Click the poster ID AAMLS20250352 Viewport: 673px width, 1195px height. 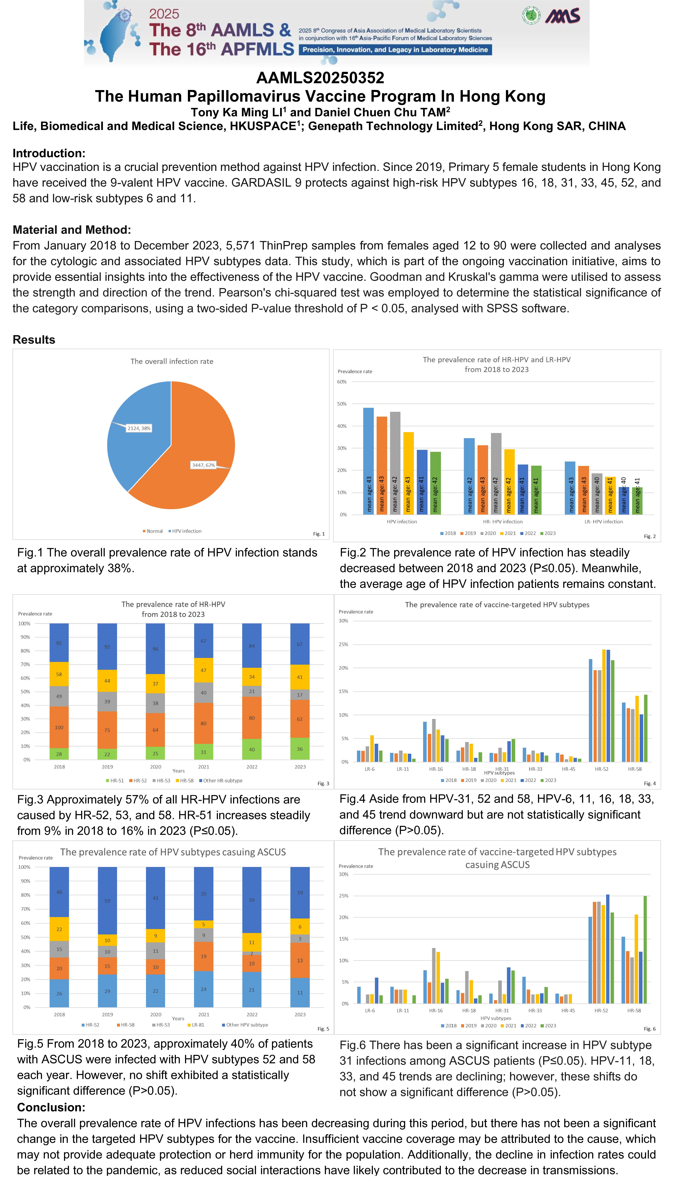[320, 78]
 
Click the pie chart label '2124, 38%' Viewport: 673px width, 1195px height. [139, 428]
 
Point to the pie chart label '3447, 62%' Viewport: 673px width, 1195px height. [204, 465]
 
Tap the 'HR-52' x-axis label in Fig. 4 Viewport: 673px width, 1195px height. [602, 769]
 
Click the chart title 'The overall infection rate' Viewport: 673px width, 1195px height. [172, 361]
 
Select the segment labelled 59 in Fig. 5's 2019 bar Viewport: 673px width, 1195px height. [107, 900]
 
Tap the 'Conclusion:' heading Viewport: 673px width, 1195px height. [51, 1107]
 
